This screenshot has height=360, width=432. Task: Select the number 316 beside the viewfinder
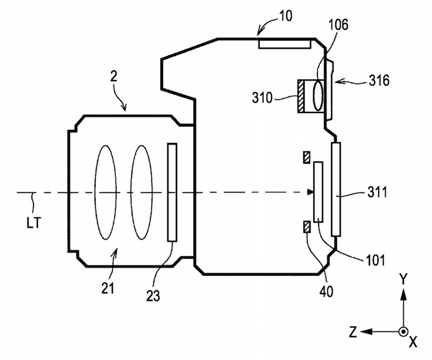378,81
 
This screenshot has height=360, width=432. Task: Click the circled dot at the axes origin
402,331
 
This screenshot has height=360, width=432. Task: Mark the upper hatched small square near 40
307,157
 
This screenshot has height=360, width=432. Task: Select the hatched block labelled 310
300,96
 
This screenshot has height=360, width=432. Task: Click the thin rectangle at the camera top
283,43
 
